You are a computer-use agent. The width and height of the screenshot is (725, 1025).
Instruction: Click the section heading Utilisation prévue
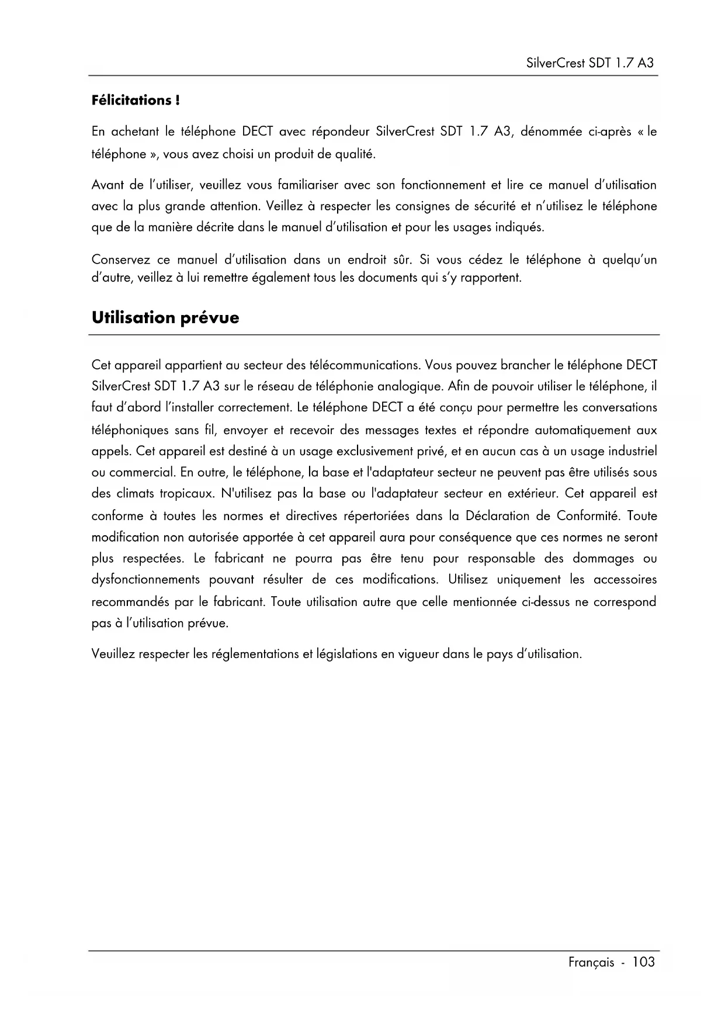click(165, 318)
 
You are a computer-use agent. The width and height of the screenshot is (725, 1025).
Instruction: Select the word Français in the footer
click(591, 962)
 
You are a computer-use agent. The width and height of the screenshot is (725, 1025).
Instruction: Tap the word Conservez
click(121, 260)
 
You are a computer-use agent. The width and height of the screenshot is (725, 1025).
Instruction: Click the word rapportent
click(491, 278)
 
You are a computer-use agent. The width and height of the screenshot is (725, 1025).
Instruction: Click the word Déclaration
click(507, 516)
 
